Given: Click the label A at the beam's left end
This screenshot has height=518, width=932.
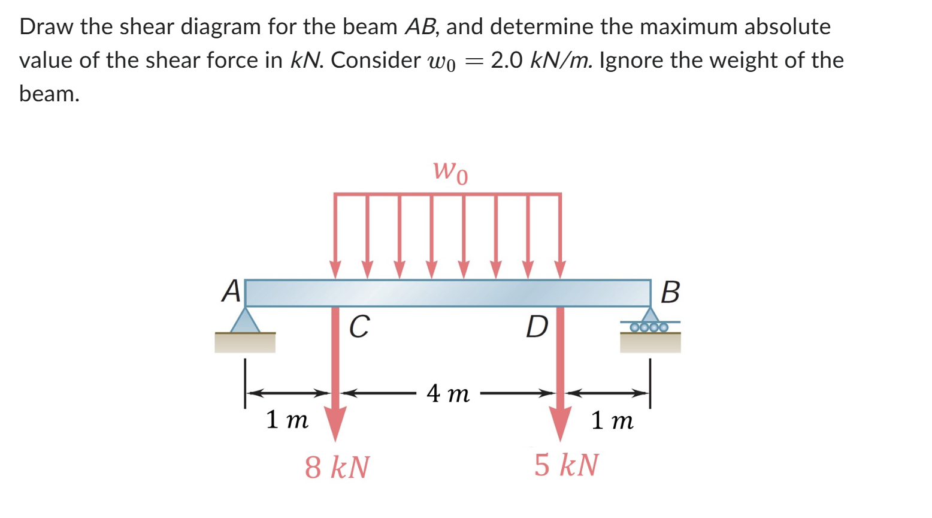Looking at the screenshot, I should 231,292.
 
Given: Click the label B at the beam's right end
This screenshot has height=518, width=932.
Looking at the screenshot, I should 670,293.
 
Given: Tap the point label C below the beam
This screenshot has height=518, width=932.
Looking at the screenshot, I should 359,327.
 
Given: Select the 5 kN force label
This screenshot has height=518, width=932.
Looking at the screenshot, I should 566,465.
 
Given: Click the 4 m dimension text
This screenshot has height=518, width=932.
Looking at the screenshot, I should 448,394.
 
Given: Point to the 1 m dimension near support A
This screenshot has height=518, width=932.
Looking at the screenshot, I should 287,420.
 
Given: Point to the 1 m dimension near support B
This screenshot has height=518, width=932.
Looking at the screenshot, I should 612,421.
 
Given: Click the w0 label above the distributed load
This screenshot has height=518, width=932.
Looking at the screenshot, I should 450,171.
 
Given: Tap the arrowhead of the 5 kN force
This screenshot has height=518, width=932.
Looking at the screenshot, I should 560,423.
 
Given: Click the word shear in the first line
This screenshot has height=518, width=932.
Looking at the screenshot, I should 160,26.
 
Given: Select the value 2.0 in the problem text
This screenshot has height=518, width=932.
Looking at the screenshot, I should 507,60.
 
